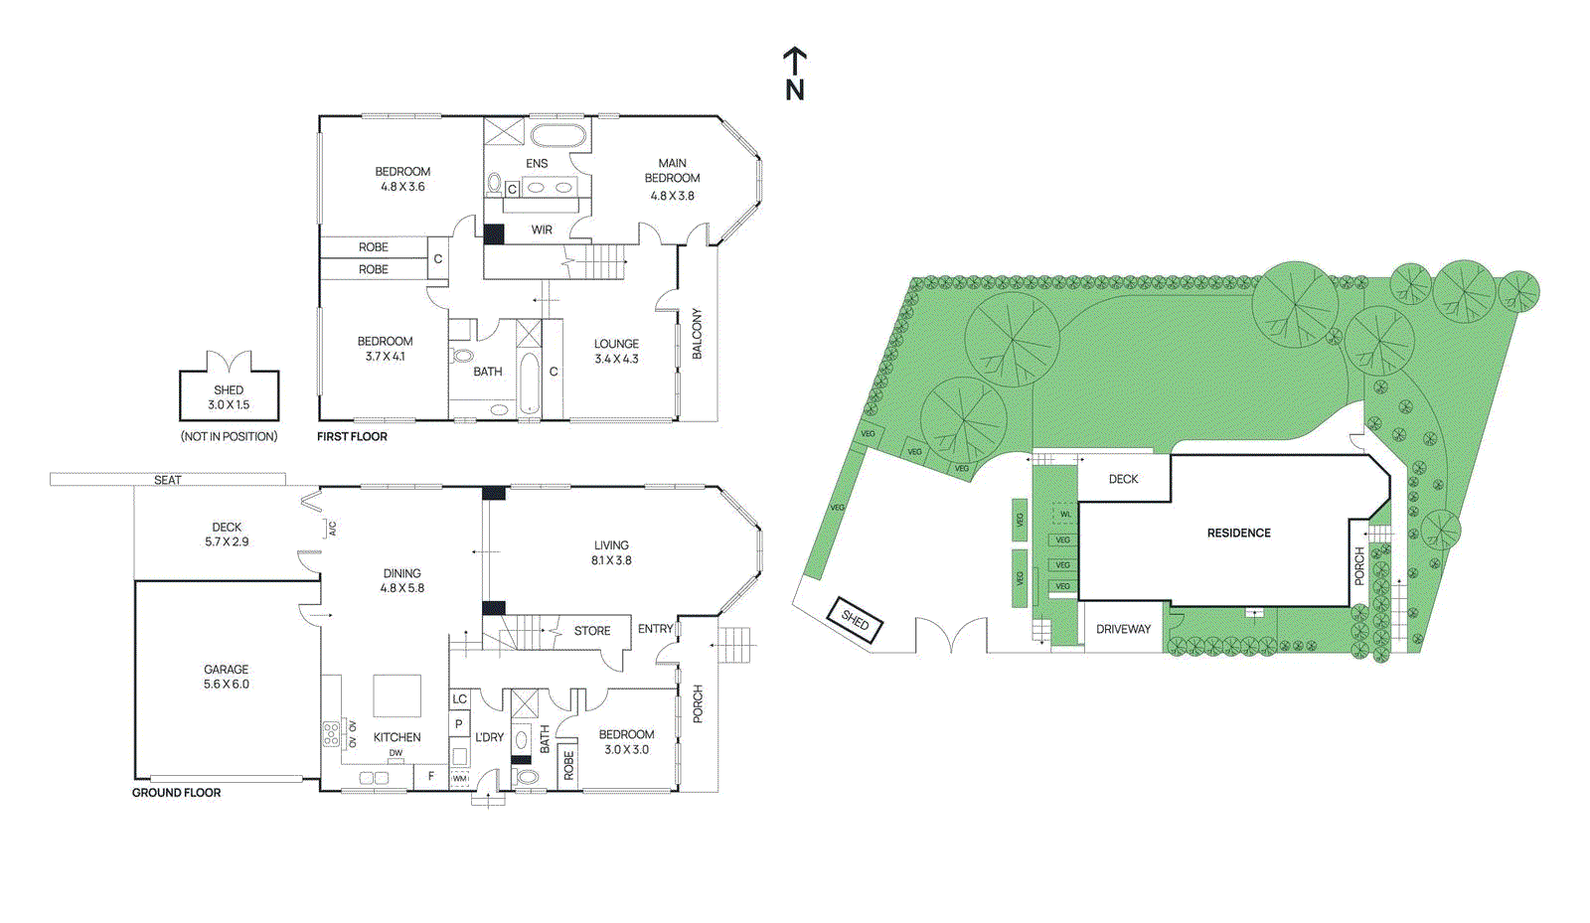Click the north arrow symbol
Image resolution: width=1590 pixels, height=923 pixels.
794,74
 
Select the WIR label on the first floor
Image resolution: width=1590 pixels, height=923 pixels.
542,230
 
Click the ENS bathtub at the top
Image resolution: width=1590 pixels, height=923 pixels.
557,136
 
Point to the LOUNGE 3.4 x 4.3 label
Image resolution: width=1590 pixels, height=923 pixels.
616,352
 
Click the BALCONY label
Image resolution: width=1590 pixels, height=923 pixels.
697,334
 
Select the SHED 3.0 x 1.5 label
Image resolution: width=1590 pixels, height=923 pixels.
229,397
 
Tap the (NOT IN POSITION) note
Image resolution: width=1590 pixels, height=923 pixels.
229,436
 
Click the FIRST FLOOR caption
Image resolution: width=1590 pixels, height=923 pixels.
352,436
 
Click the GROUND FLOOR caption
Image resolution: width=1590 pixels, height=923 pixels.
176,793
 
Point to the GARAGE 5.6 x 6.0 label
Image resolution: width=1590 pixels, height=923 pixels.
227,677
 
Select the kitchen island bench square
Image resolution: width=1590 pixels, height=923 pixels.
397,695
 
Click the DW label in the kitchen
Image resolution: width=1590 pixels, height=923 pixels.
396,753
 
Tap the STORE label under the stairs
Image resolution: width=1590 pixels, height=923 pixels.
592,631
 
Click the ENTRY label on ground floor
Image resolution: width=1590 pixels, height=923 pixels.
655,629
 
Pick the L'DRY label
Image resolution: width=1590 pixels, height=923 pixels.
489,737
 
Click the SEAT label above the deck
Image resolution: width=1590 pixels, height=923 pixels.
168,480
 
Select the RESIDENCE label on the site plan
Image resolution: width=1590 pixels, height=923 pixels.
1238,534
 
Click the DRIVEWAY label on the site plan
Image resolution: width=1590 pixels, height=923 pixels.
1123,629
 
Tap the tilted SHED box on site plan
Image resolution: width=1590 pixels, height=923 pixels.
855,621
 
